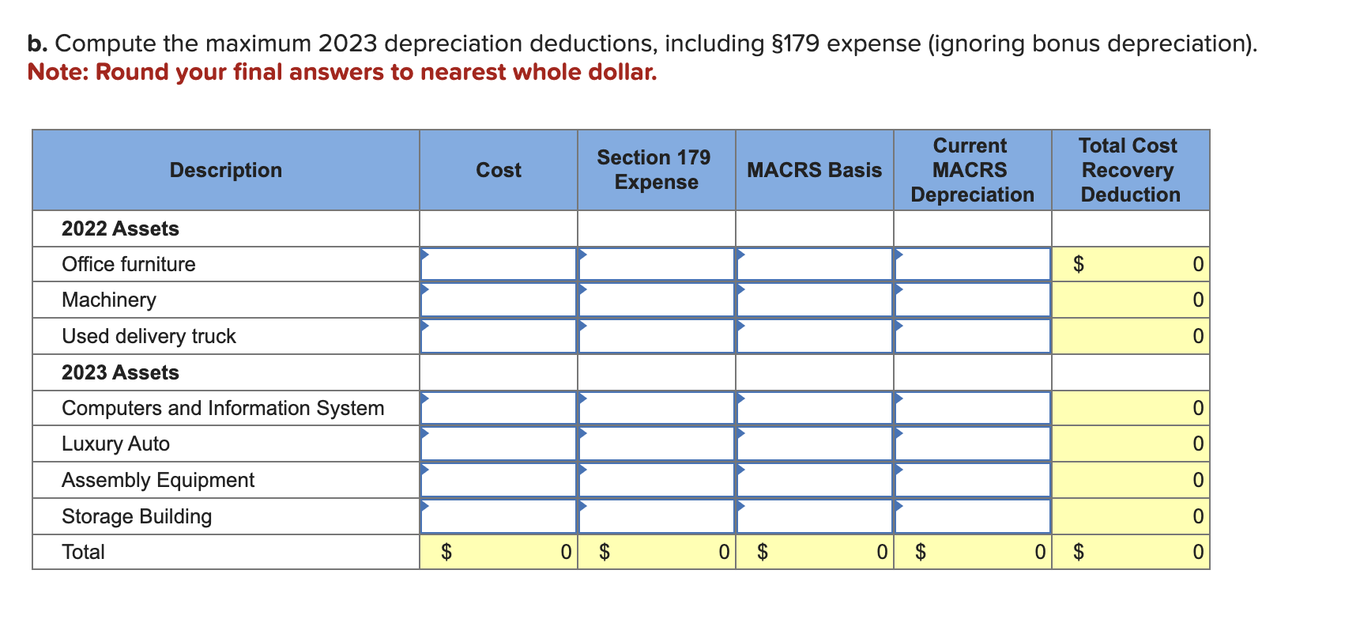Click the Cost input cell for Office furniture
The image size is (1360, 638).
498,264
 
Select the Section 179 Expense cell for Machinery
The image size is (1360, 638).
656,300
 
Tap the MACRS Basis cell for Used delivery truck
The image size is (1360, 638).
814,337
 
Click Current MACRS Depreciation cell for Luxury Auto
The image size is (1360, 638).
972,444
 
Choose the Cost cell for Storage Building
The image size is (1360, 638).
498,516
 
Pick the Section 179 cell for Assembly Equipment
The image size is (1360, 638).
656,481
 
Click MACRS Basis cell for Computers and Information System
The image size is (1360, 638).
814,409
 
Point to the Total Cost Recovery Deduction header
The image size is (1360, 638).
1129,170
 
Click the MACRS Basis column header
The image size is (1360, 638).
814,170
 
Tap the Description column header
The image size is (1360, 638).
225,170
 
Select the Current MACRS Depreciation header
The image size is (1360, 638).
971,170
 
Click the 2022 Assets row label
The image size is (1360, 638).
120,228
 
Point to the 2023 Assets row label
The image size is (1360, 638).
120,372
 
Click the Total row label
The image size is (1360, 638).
83,552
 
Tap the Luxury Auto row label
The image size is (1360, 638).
115,444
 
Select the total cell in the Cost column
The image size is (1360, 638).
498,552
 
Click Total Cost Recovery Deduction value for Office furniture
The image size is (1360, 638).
1130,264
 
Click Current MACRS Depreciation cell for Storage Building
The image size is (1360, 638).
972,516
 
